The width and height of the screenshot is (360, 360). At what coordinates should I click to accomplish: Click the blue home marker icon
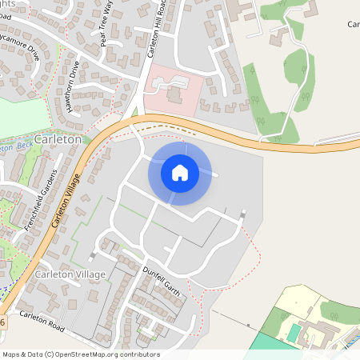180,172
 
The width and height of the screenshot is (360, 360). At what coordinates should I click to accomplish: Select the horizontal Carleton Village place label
70,274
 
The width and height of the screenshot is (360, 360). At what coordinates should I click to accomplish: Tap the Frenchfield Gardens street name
41,200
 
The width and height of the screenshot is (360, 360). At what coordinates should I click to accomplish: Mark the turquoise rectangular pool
295,332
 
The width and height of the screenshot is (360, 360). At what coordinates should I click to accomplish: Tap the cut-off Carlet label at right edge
353,25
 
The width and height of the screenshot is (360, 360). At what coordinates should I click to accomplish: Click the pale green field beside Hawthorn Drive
20,117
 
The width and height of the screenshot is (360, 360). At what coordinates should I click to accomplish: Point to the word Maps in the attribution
11,354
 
